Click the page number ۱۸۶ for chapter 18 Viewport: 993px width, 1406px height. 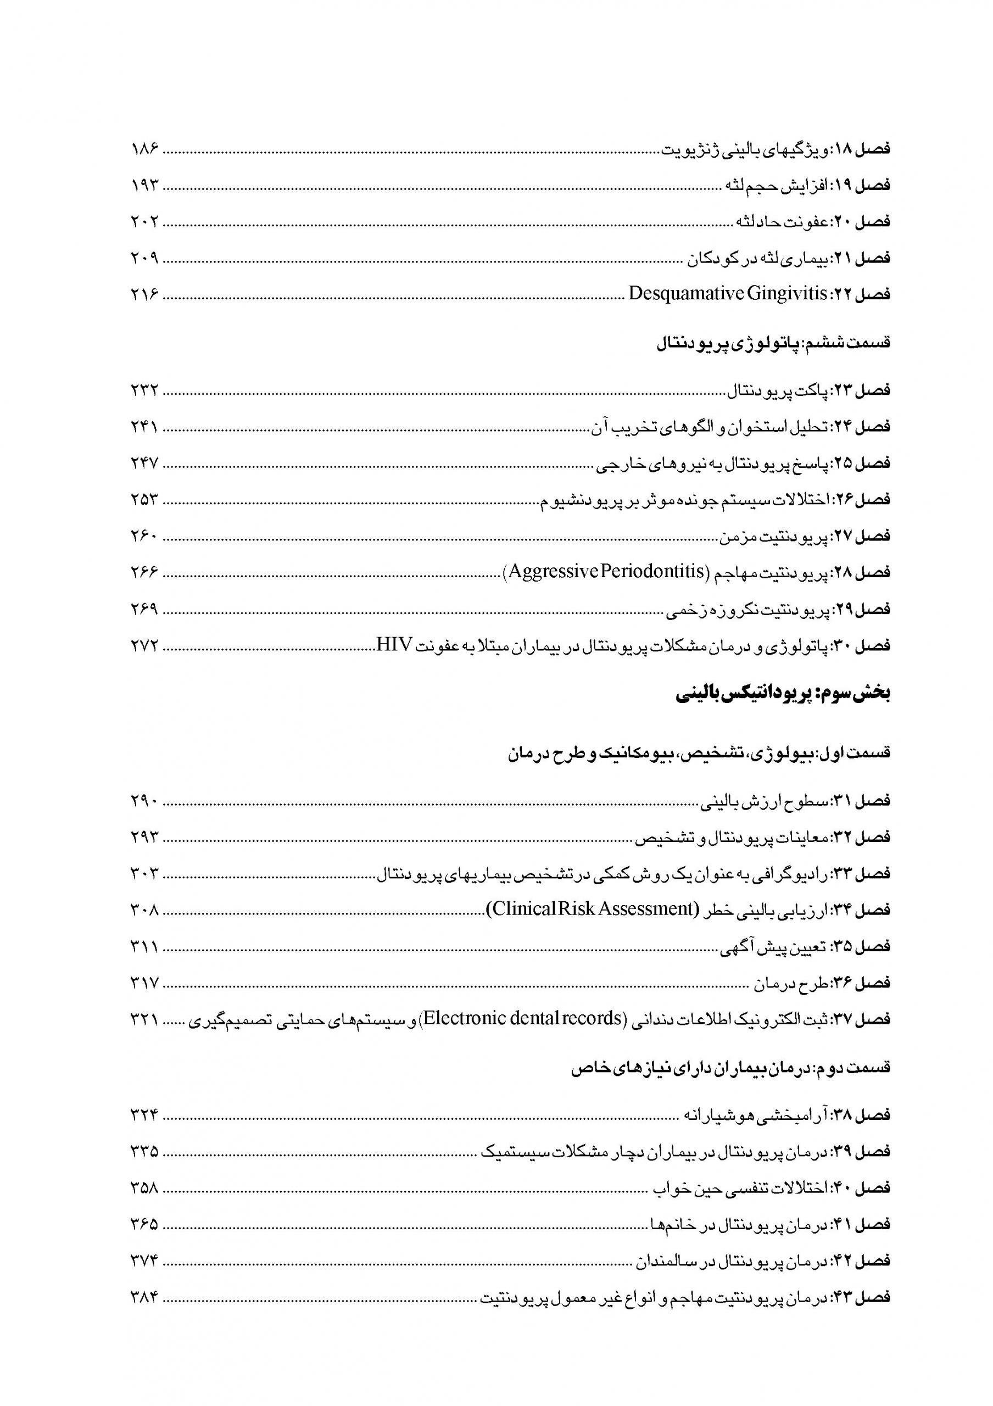point(144,149)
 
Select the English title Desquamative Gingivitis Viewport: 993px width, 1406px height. point(727,294)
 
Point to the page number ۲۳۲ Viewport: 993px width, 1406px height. point(144,390)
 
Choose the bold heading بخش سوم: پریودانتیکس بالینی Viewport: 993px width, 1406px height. point(783,694)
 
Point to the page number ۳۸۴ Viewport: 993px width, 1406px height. point(144,1298)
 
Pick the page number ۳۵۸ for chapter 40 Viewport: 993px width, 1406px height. point(144,1188)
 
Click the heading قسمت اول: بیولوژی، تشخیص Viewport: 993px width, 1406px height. point(699,753)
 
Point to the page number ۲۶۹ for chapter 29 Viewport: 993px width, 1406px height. point(144,609)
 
